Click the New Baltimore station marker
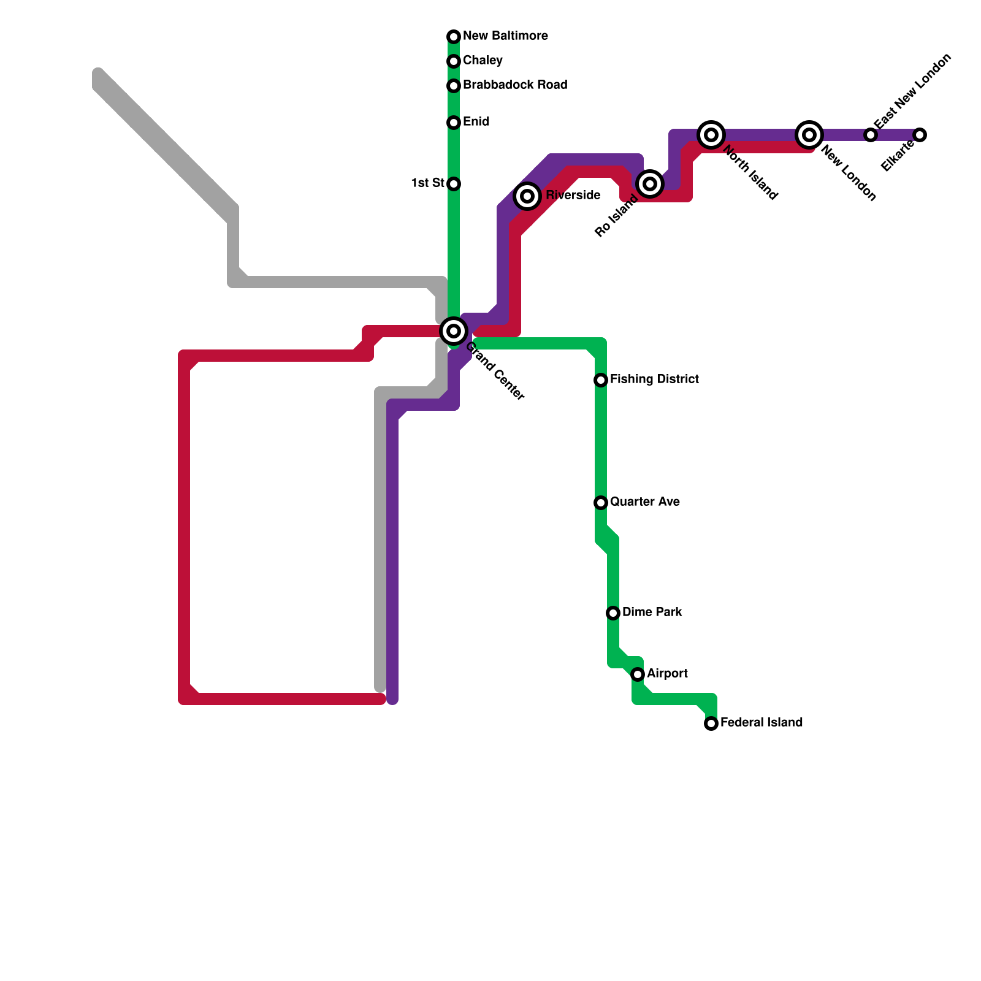(x=454, y=37)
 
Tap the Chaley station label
(x=483, y=61)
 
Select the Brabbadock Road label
(x=515, y=85)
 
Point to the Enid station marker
(x=454, y=123)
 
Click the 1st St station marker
(x=454, y=184)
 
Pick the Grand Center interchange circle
(x=454, y=331)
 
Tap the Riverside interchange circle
(x=527, y=196)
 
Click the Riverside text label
(x=573, y=196)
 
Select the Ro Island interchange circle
(x=651, y=183)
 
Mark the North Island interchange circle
(x=711, y=135)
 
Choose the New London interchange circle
(x=809, y=135)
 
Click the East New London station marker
(x=871, y=135)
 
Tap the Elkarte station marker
(x=920, y=135)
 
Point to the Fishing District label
(x=654, y=380)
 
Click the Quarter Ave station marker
(x=601, y=503)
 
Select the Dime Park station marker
(x=613, y=613)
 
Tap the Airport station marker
(x=638, y=674)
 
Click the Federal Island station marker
(x=711, y=723)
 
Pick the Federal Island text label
(x=761, y=723)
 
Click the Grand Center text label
(x=495, y=372)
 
